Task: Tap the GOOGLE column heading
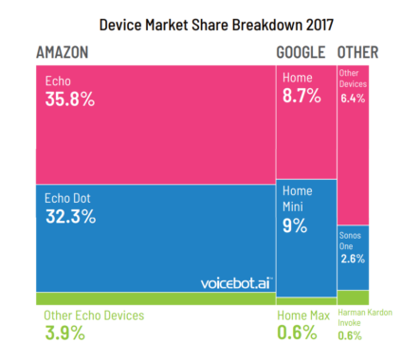pyautogui.click(x=301, y=51)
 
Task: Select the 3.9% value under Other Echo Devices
pyautogui.click(x=64, y=333)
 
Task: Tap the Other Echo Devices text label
pyautogui.click(x=95, y=315)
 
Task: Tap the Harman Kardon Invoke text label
pyautogui.click(x=362, y=319)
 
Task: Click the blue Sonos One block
pyautogui.click(x=353, y=256)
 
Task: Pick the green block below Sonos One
pyautogui.click(x=353, y=297)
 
